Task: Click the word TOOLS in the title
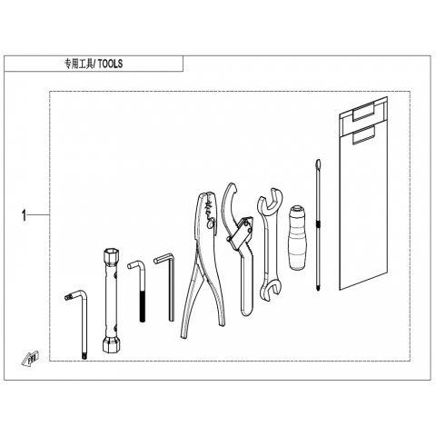pos(110,64)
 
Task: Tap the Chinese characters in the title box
pos(79,64)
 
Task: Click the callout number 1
pos(24,216)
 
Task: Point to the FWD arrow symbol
pos(30,358)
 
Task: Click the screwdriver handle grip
pos(297,238)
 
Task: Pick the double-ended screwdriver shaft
pos(318,224)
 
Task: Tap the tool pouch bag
pos(363,193)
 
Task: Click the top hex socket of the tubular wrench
pos(111,256)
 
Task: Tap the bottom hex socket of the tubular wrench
pos(111,344)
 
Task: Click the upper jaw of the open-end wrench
pos(271,202)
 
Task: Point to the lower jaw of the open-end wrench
pos(270,290)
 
